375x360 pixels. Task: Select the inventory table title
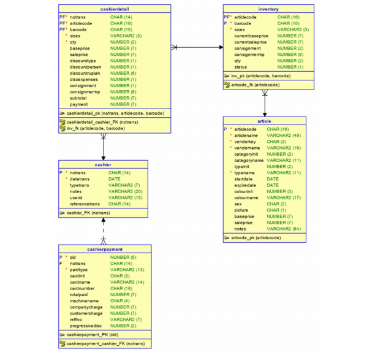click(x=268, y=9)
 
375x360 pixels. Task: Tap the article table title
click(x=268, y=121)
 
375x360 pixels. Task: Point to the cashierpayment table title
click(x=104, y=250)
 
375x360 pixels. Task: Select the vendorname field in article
click(x=248, y=148)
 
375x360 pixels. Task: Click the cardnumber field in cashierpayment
click(x=83, y=288)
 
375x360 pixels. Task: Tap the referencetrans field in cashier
click(x=85, y=204)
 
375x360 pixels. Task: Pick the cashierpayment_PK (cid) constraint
click(x=92, y=335)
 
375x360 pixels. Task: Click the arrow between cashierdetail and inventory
click(x=196, y=47)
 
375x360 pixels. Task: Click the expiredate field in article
click(x=246, y=185)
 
